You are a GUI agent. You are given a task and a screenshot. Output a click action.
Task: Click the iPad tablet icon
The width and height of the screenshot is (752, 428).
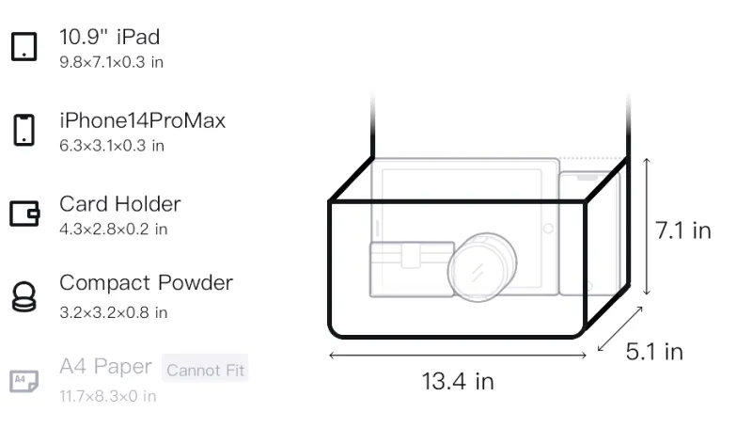click(x=24, y=46)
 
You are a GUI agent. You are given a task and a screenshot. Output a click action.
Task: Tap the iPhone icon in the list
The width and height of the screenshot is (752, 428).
click(x=24, y=130)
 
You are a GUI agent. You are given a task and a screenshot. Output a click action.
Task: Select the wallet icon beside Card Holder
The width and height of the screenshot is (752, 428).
click(x=24, y=213)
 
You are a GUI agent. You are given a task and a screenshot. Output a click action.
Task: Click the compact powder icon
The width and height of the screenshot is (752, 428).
click(x=24, y=297)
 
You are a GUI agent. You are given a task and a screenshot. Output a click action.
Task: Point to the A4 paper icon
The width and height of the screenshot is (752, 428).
click(x=24, y=381)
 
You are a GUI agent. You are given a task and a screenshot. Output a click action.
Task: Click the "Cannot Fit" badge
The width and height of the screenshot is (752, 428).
click(x=205, y=370)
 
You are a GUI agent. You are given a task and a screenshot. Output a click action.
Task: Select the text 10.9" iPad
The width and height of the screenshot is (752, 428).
click(x=109, y=37)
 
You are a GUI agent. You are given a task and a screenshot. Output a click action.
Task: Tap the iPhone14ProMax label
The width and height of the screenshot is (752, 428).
click(x=143, y=120)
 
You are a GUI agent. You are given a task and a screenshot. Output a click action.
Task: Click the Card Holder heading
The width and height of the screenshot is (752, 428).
click(x=120, y=204)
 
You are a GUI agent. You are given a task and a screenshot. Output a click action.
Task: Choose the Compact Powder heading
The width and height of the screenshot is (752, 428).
click(x=147, y=282)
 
